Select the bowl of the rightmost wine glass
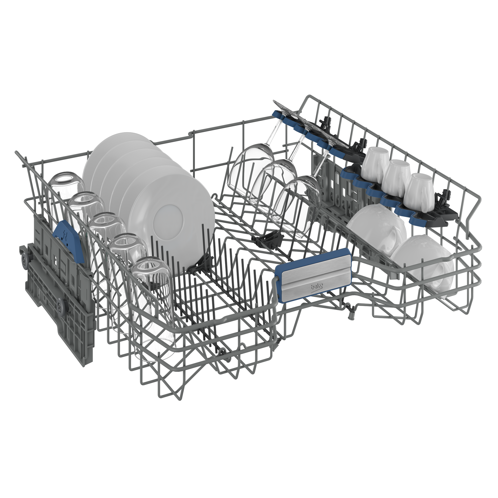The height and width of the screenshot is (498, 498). click(x=296, y=204)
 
